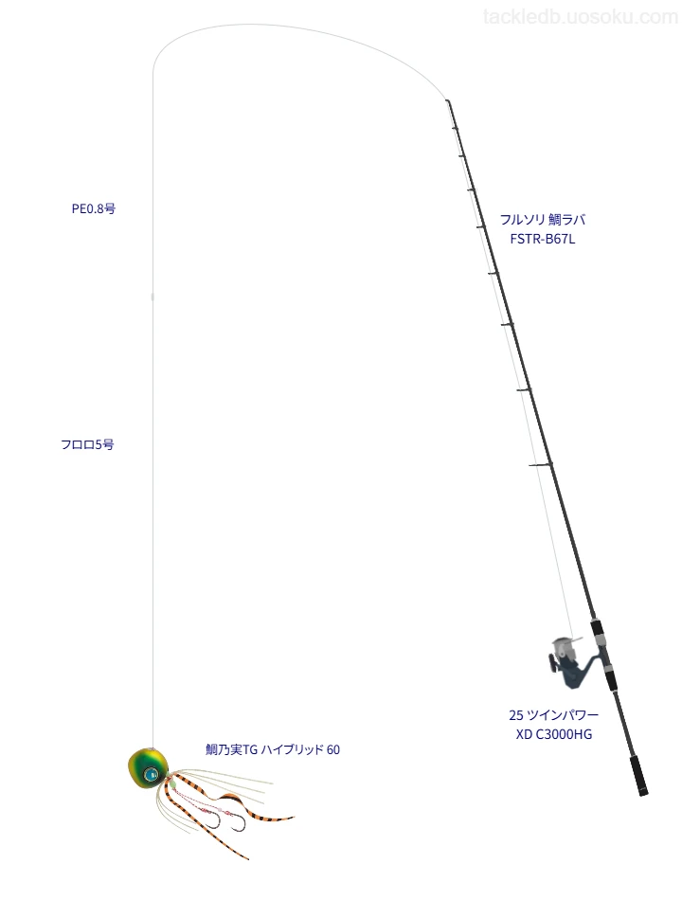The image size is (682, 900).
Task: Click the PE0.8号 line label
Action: point(94,209)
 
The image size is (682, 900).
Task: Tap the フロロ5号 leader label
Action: point(87,444)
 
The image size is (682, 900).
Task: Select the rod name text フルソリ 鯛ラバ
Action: point(543,219)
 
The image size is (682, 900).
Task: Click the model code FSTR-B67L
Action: point(543,240)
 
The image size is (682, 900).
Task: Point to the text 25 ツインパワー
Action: point(553,714)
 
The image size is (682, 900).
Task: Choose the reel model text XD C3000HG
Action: point(554,734)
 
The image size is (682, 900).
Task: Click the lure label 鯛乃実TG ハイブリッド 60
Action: point(273,749)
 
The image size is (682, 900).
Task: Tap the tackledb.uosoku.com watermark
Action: point(581,17)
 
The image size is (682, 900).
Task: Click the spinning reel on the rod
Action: point(571,662)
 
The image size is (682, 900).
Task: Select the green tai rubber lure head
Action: point(149,768)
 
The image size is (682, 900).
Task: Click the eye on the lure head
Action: point(152,774)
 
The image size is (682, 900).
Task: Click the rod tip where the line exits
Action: point(447,101)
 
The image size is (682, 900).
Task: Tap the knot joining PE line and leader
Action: point(153,297)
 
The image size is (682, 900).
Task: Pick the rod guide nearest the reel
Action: point(541,464)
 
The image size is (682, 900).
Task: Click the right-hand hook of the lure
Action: point(237,822)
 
